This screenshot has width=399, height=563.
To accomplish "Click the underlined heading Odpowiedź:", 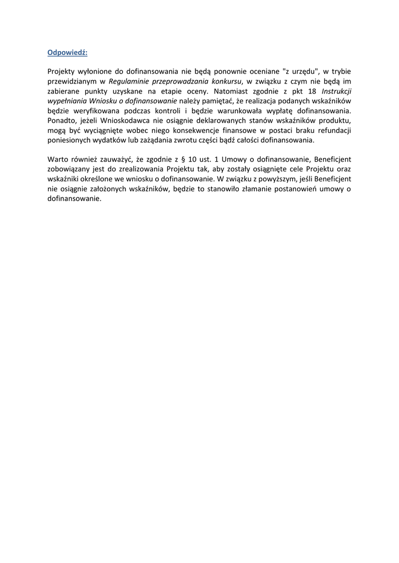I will coord(68,53).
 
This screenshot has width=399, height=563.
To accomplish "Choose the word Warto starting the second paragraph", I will coord(58,159).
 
